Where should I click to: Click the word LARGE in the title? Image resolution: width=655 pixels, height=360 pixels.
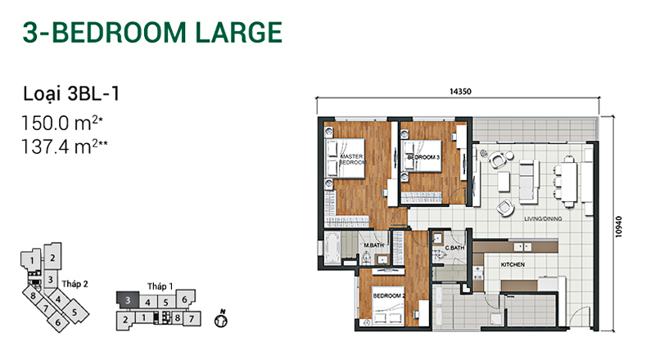point(239,33)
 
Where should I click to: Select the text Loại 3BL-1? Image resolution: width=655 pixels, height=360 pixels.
point(71,93)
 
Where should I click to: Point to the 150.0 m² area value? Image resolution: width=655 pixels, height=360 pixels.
point(62,124)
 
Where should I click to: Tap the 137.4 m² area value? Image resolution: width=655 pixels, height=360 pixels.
point(65,146)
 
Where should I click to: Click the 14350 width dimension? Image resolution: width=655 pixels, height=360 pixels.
point(460,92)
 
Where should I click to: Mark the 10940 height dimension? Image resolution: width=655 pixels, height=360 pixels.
point(619,227)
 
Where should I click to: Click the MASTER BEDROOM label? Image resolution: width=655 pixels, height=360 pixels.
point(352,159)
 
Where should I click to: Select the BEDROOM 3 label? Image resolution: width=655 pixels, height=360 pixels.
point(423,157)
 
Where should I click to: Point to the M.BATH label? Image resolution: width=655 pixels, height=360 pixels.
point(373,245)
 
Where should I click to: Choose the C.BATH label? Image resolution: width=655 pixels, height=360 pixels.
point(454,248)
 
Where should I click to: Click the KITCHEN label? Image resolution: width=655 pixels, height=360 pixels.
point(513,264)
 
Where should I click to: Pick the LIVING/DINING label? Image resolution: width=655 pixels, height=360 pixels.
point(543,218)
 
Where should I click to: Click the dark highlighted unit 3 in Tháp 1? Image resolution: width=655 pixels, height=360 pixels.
point(128,299)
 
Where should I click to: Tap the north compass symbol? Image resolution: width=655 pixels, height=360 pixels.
point(221,320)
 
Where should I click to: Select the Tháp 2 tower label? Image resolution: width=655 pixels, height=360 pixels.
point(75,284)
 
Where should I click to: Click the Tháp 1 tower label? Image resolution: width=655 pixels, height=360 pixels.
point(160,286)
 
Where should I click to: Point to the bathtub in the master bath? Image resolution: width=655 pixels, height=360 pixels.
point(332,248)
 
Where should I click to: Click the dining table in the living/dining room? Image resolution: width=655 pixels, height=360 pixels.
point(569,182)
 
